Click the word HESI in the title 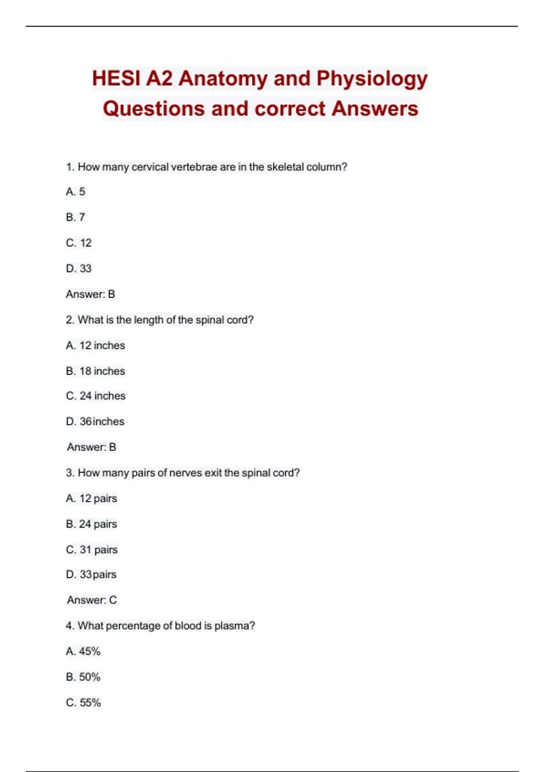click(x=116, y=79)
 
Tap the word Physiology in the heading click(x=372, y=79)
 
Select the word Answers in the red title click(x=375, y=109)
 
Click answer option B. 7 click(x=75, y=218)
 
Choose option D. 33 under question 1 click(x=79, y=269)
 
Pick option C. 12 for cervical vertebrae click(x=79, y=243)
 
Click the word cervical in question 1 click(x=150, y=167)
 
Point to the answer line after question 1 click(x=90, y=294)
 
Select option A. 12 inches click(x=95, y=346)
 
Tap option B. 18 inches click(x=95, y=371)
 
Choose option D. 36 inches click(x=95, y=421)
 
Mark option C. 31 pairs click(x=92, y=550)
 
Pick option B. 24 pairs click(x=91, y=524)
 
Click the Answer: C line click(x=92, y=600)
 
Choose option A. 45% click(x=83, y=652)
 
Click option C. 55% click(x=83, y=703)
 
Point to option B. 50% click(x=83, y=677)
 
